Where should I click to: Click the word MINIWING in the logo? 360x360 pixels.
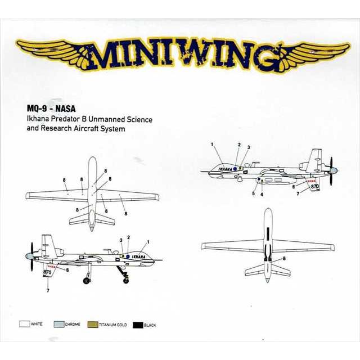pyautogui.click(x=180, y=56)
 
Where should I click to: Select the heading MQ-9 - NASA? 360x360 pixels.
pyautogui.click(x=51, y=109)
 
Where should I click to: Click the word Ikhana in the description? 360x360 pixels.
pyautogui.click(x=38, y=119)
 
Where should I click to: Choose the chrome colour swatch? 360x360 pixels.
pyautogui.click(x=58, y=325)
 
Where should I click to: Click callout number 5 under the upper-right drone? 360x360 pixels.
pyautogui.click(x=253, y=193)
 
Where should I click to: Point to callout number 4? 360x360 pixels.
pyautogui.click(x=262, y=194)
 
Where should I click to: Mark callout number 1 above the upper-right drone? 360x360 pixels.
pyautogui.click(x=213, y=145)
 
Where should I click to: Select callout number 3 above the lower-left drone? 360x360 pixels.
pyautogui.click(x=120, y=240)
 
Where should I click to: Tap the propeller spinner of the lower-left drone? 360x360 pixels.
pyautogui.click(x=28, y=256)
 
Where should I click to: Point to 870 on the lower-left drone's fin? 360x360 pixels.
pyautogui.click(x=47, y=272)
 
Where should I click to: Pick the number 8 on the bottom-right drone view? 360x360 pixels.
pyautogui.click(x=284, y=259)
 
